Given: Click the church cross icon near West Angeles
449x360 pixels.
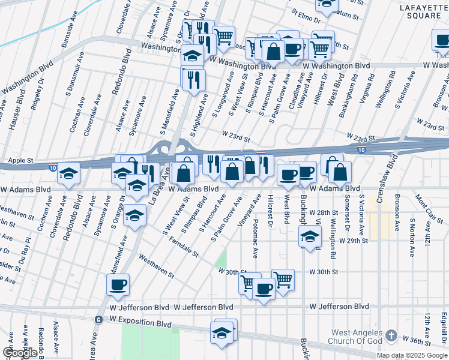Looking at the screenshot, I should pyautogui.click(x=391, y=335).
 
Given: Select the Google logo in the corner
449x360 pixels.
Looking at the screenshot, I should pyautogui.click(x=20, y=353).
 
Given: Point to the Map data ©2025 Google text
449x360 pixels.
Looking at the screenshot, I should pyautogui.click(x=411, y=355).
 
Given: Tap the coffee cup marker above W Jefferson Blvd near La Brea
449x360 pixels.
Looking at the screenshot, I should pyautogui.click(x=118, y=284).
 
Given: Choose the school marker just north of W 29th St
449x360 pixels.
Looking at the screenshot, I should pyautogui.click(x=310, y=236).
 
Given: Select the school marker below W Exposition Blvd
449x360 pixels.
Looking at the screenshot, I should pyautogui.click(x=222, y=332).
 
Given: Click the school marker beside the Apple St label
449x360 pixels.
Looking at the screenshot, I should pyautogui.click(x=69, y=174).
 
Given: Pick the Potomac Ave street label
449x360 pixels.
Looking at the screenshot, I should pyautogui.click(x=256, y=238).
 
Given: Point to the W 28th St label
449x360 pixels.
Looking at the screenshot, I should pyautogui.click(x=328, y=213).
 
